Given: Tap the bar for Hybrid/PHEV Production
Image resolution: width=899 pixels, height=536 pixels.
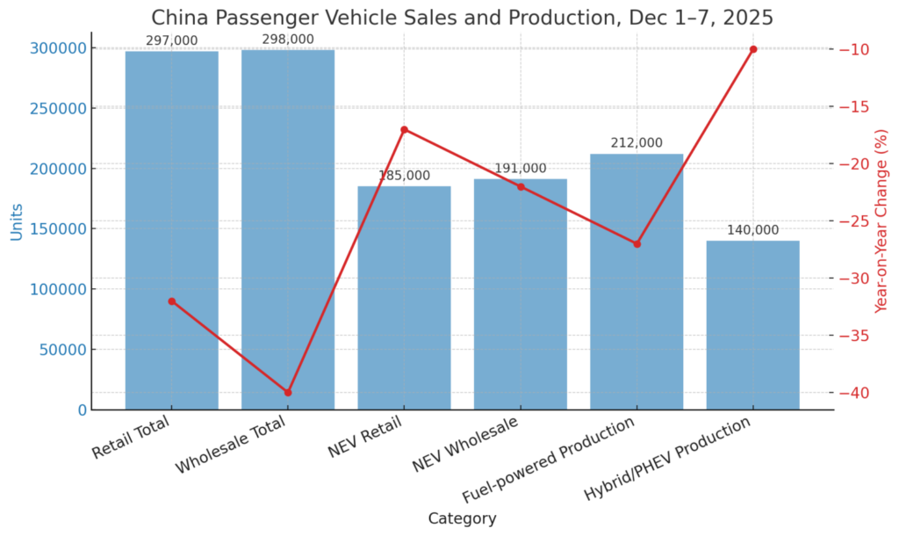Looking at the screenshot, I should [752, 325].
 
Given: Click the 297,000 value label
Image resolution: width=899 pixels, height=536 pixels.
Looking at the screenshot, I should [171, 40].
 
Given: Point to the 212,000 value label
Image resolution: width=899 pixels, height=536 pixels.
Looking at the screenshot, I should [636, 143].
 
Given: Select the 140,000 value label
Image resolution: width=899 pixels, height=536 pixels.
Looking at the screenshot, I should [752, 230].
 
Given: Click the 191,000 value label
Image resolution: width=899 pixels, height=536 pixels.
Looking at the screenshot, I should [520, 169].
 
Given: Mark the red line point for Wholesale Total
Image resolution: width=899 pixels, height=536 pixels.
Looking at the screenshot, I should [288, 392].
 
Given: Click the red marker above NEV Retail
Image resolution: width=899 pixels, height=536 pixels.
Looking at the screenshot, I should [404, 130].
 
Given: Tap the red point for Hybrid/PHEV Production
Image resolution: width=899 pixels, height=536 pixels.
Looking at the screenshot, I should [753, 49].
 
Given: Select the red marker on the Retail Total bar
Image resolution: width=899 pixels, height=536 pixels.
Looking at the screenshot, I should [172, 301].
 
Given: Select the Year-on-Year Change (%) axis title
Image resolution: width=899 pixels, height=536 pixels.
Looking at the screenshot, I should [881, 221].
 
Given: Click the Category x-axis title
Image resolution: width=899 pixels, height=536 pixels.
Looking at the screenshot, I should [462, 518].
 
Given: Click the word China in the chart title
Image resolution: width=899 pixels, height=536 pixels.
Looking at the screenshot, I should [175, 18].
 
